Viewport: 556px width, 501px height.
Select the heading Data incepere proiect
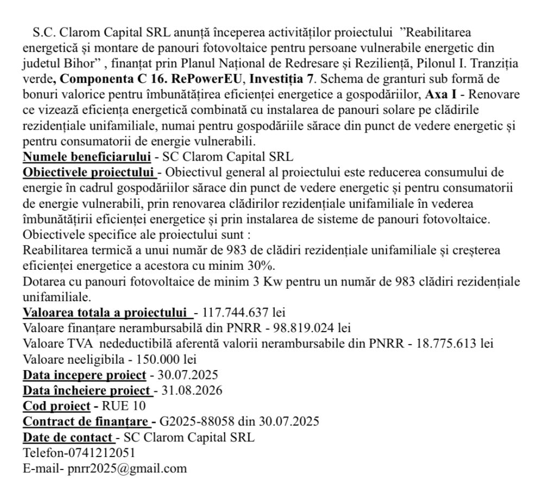click(84, 375)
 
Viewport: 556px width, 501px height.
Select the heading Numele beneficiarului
click(87, 157)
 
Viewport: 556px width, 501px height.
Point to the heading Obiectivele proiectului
click(89, 173)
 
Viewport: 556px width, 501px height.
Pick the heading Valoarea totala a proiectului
click(106, 313)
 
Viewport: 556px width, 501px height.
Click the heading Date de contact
click(68, 437)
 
